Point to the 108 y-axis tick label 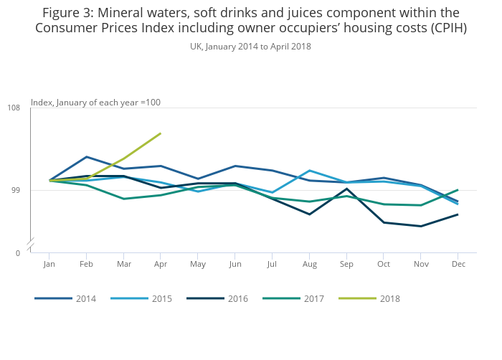[x=14, y=108]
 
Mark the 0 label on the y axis [x=18, y=253]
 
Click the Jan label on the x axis [x=49, y=264]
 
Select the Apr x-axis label [x=161, y=264]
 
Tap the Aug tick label [x=309, y=264]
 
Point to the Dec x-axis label [x=458, y=264]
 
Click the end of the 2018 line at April [x=161, y=133]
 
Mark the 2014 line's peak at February [x=86, y=156]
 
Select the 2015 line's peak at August [x=309, y=170]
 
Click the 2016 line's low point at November [x=421, y=227]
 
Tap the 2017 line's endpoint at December [x=458, y=190]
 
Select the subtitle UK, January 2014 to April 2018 [x=250, y=47]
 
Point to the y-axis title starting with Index [x=95, y=103]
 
